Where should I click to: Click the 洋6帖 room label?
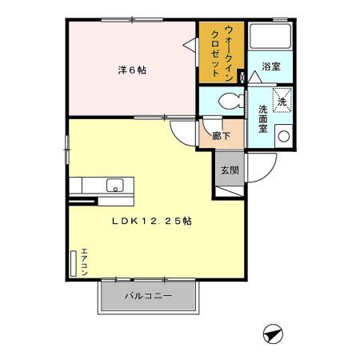pos(132,70)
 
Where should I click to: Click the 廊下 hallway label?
pos(221,136)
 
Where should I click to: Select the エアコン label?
pos(84,263)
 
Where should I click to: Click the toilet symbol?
pos(228,102)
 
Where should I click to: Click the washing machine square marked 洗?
pos(282,100)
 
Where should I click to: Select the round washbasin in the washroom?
pos(282,136)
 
